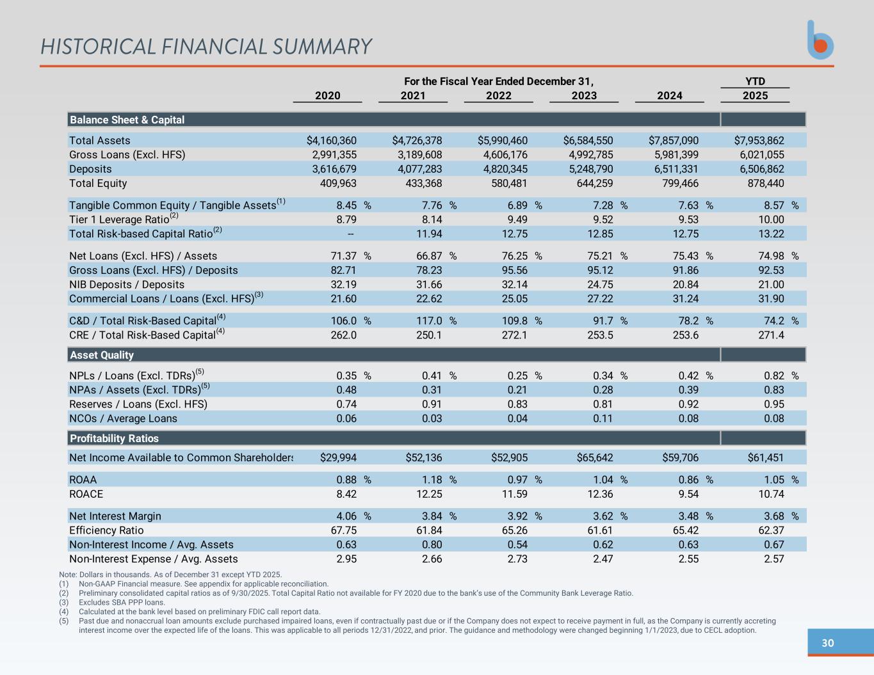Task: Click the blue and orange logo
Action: (x=820, y=40)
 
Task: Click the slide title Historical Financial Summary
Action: (x=206, y=47)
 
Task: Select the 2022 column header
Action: (x=498, y=95)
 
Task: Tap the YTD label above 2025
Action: (x=755, y=81)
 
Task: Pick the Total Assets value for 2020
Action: (x=332, y=140)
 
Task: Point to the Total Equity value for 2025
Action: (x=765, y=183)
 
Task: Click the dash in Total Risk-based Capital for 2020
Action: (x=350, y=234)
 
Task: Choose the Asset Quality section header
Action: (x=102, y=355)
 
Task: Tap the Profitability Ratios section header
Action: (x=114, y=438)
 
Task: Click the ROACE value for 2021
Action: (x=428, y=494)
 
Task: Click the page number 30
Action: (x=827, y=643)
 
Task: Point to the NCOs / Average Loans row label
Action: (x=123, y=418)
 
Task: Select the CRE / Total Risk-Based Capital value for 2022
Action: (x=514, y=335)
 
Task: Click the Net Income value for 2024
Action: (x=680, y=457)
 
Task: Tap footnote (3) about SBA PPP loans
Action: (x=122, y=602)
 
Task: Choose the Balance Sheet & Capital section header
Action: (x=127, y=120)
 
